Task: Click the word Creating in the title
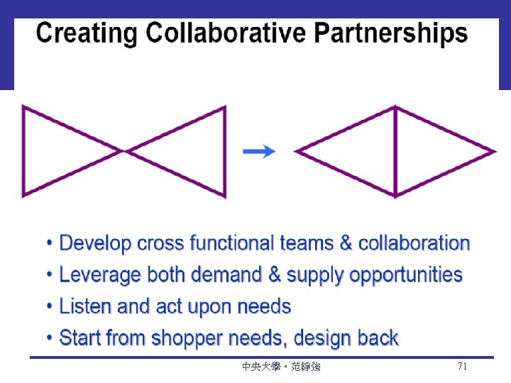[x=86, y=33]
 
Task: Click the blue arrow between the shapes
[x=258, y=151]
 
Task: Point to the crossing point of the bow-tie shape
[x=124, y=151]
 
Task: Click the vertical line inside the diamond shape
[x=395, y=151]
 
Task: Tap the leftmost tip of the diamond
[x=297, y=151]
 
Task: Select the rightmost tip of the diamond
[x=493, y=151]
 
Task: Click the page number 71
[x=462, y=367]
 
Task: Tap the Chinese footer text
[x=281, y=367]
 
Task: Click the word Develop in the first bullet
[x=96, y=243]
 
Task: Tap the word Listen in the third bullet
[x=84, y=306]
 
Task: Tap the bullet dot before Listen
[x=49, y=307]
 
